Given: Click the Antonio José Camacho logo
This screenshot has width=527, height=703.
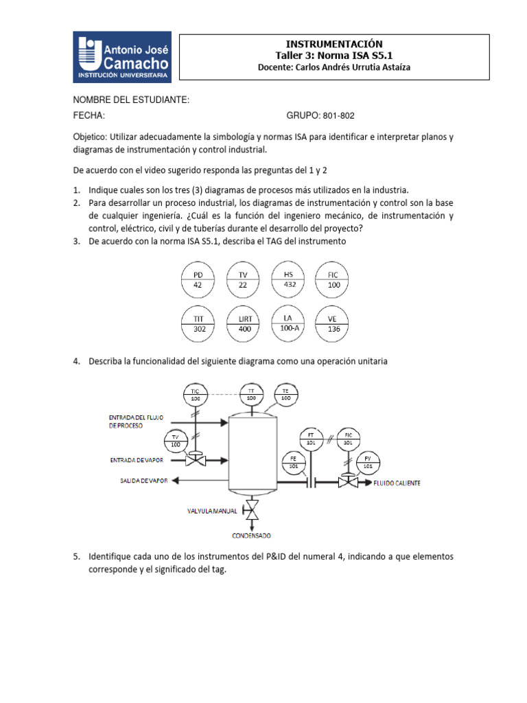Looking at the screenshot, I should point(122,57).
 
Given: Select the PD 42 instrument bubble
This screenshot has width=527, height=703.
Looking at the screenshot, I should point(198,279).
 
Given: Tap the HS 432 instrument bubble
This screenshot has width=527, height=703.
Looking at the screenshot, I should point(289,278).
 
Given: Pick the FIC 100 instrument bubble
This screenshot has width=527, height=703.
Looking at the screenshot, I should point(333,279).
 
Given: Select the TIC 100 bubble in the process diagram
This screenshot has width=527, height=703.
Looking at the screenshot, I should point(196,394).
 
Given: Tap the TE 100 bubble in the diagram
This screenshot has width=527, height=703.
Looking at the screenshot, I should point(286,394).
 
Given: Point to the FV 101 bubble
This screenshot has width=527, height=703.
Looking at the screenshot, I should point(368,461).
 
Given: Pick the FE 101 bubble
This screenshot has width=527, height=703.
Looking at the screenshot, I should point(293,461).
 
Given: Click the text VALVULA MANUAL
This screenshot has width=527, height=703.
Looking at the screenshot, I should point(212,511).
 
